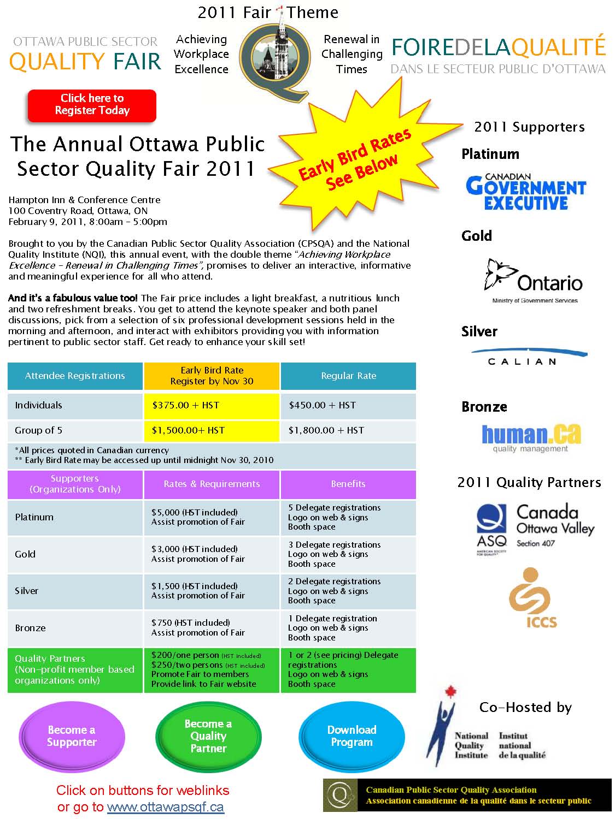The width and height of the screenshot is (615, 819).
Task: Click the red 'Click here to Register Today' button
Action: click(x=92, y=105)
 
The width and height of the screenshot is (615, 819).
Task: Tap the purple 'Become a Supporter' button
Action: click(x=72, y=736)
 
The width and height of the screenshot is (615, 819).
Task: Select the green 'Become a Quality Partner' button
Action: click(x=208, y=736)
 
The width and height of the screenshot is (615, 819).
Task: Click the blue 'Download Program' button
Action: click(x=352, y=736)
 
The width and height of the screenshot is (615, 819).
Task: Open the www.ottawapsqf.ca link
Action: click(x=165, y=807)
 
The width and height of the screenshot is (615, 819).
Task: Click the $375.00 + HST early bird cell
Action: click(x=212, y=406)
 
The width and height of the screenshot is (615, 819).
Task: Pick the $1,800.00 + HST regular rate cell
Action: click(x=348, y=430)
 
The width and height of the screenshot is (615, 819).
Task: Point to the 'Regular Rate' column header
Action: click(x=348, y=376)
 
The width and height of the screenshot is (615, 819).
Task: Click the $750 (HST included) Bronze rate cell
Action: click(x=212, y=627)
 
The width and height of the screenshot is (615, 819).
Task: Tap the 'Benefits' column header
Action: click(x=348, y=484)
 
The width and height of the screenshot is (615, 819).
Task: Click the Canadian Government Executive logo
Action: click(x=525, y=192)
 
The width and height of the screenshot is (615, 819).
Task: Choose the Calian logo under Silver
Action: click(x=528, y=357)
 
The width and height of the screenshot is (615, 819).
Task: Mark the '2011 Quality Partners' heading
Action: click(x=529, y=483)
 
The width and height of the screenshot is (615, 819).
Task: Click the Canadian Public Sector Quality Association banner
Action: click(x=467, y=795)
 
